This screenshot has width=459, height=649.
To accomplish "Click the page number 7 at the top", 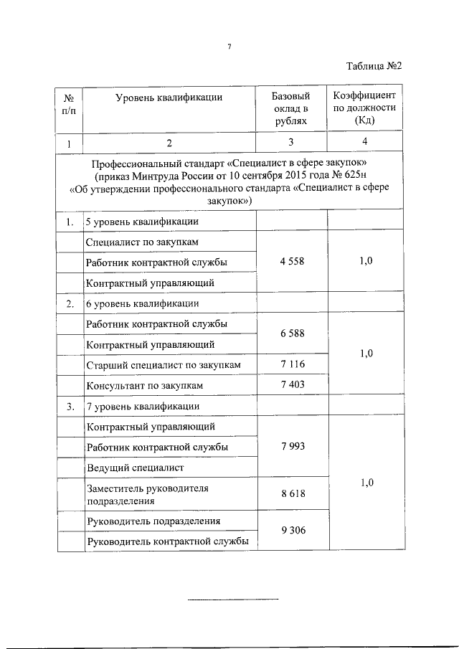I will [229, 47].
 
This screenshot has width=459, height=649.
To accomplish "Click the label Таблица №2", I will [373, 66].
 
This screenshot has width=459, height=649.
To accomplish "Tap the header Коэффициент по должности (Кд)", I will [364, 108].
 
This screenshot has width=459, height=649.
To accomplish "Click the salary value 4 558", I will [292, 261].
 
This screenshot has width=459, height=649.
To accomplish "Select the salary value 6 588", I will [292, 333].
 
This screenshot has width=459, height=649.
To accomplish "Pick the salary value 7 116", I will [292, 365].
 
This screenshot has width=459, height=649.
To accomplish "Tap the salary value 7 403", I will [292, 385].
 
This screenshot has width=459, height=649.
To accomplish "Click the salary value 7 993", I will [292, 446].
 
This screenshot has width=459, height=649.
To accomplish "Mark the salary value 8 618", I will [292, 494].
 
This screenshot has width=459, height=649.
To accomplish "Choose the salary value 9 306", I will [292, 531].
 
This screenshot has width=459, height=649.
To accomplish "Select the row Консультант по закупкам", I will [144, 386].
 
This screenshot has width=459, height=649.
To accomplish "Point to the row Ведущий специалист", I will [135, 468].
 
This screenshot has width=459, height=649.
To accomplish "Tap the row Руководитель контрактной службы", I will [167, 541].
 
